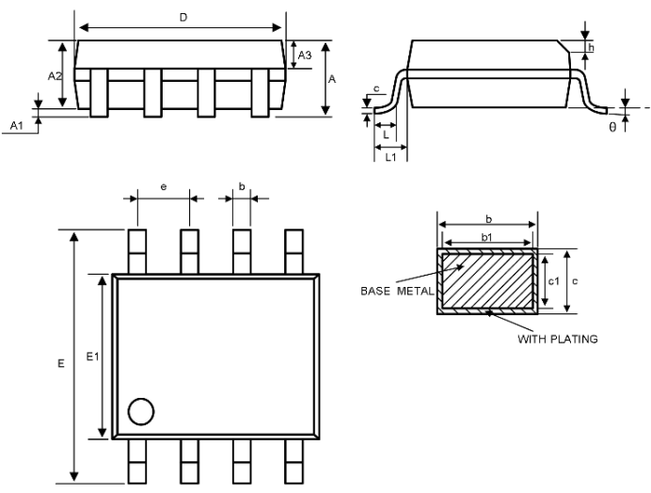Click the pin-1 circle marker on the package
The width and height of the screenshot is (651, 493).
(x=141, y=411)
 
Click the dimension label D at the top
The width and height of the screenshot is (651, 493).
(x=183, y=18)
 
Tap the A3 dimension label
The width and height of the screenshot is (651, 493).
(x=305, y=56)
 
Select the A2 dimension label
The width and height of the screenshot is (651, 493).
(x=55, y=76)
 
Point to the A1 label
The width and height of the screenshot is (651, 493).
(x=17, y=125)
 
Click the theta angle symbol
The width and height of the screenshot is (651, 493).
(x=612, y=127)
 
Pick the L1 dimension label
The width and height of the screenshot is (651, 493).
(x=391, y=157)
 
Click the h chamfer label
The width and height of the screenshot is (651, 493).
(x=591, y=48)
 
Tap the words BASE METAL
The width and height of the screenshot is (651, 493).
(x=397, y=291)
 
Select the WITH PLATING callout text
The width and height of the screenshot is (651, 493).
(x=558, y=340)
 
